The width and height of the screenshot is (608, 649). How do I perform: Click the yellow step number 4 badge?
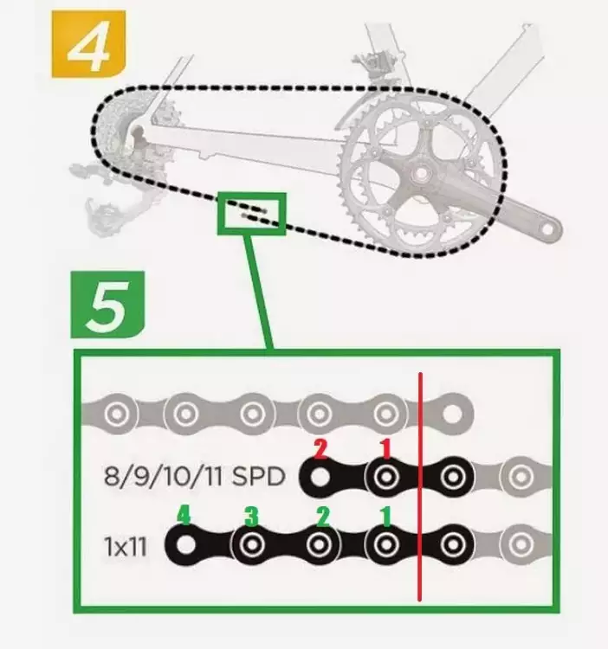click(88, 44)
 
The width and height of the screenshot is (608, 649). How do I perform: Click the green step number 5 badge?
click(107, 305)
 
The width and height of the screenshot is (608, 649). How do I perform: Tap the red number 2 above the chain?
click(320, 449)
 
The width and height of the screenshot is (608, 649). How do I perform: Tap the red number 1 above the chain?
click(385, 449)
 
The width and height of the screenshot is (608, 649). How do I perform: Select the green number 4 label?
click(184, 516)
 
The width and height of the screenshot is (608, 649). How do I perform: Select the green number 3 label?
click(251, 517)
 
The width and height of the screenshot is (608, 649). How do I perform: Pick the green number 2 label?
click(322, 517)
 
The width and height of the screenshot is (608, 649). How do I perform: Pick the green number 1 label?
click(385, 517)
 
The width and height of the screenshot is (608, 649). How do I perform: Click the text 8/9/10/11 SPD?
click(194, 477)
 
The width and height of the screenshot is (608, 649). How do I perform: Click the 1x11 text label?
click(126, 547)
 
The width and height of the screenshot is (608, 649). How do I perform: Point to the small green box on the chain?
click(252, 214)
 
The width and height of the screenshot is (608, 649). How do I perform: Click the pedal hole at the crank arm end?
click(548, 229)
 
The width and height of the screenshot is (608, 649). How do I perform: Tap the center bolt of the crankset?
click(421, 172)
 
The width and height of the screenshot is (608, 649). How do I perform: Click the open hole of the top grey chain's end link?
click(452, 413)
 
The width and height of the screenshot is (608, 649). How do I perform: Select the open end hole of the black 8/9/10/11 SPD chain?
click(319, 477)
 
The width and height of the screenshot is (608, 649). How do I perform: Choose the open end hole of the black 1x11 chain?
click(184, 545)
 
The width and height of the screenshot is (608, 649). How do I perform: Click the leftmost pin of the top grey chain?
click(117, 414)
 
